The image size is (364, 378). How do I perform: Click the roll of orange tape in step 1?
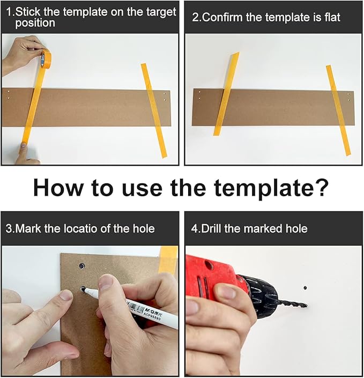[45, 58]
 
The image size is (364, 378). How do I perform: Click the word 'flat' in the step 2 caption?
[332, 17]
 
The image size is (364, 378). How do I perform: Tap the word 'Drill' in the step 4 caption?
[211, 228]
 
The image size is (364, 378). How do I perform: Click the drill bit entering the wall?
[292, 304]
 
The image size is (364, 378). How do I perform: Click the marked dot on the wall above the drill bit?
[305, 288]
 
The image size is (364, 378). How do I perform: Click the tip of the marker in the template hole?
[84, 290]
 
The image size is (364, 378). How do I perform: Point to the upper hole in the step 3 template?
[82, 265]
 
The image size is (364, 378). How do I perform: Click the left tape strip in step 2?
[226, 94]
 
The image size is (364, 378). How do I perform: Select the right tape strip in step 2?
[338, 110]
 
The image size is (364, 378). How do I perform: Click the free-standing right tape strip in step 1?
[154, 110]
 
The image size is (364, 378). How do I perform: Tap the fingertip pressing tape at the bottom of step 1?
[24, 146]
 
